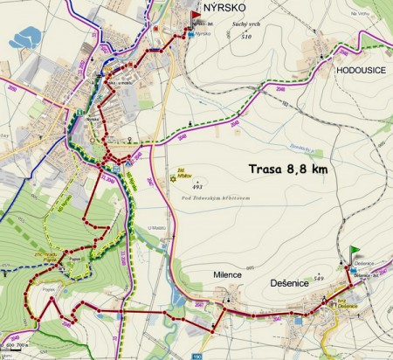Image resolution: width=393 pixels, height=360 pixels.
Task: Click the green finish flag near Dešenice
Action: [354, 253]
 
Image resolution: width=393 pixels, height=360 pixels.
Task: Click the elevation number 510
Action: [245, 38]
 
